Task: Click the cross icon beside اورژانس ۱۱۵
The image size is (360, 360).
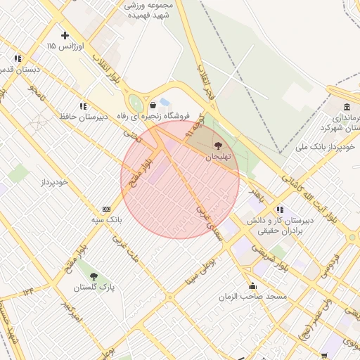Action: click(x=65, y=35)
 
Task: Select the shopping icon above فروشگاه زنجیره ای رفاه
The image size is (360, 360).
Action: click(x=153, y=105)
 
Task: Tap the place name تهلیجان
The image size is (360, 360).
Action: click(x=217, y=158)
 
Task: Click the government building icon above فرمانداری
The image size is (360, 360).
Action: click(x=347, y=106)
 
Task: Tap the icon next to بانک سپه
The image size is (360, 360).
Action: click(x=106, y=209)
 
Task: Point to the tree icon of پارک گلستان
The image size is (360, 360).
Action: click(x=94, y=276)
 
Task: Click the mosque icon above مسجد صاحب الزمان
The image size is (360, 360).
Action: click(x=252, y=286)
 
